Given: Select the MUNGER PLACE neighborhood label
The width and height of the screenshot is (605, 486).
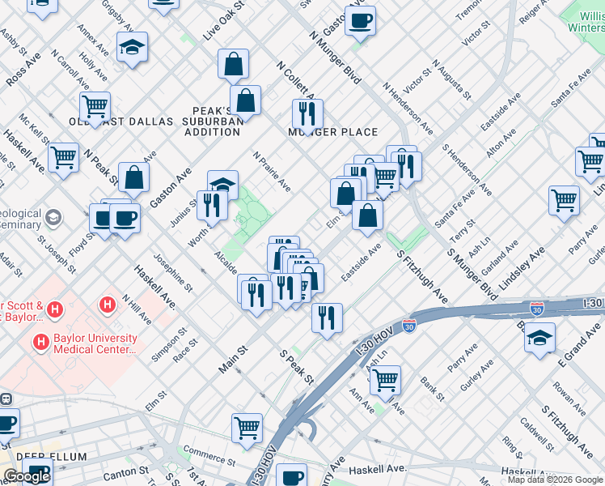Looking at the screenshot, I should coord(333,132).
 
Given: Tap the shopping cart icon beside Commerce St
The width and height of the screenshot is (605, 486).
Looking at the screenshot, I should coord(247,426).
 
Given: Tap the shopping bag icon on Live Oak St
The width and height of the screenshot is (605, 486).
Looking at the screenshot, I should coord(233,64).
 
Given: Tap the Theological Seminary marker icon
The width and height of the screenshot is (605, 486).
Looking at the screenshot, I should coord(53,217).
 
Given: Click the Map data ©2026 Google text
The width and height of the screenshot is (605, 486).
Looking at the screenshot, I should coord(555,480).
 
